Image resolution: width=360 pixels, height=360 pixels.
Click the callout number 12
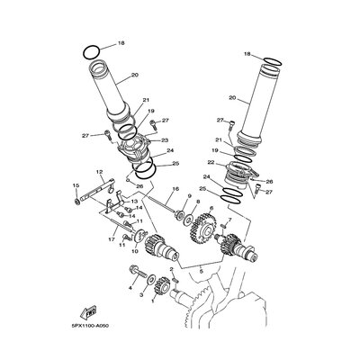coord(100,172)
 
